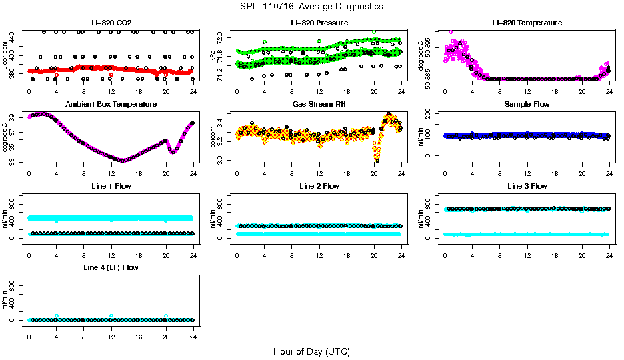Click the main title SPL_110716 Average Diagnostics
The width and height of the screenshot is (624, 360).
point(312,6)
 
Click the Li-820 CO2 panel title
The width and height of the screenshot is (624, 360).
point(111,23)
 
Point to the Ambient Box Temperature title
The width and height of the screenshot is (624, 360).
point(111,104)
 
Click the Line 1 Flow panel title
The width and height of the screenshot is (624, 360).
point(111,185)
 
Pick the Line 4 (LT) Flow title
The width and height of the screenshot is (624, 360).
point(111,267)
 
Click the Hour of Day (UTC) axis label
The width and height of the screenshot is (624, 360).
point(311,351)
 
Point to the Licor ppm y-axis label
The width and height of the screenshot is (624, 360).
point(5,55)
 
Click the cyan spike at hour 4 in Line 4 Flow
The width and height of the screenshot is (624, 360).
point(57,316)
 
